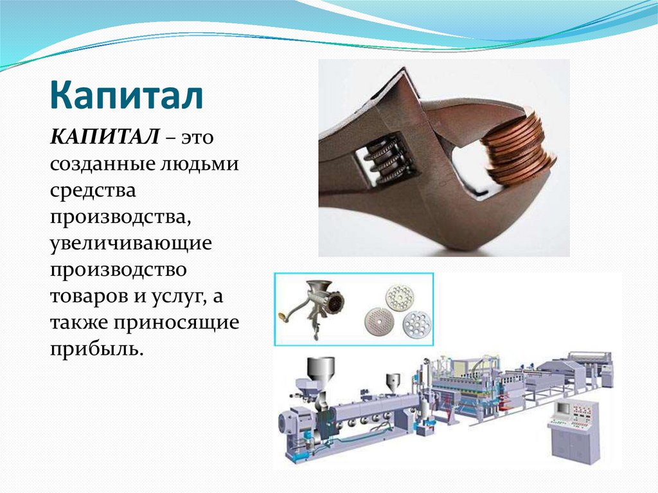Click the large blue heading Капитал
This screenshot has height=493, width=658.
(x=127, y=95)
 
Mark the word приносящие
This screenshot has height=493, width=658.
(x=177, y=323)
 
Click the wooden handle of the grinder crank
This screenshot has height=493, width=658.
(x=283, y=316)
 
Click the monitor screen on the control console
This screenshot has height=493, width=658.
(x=563, y=408)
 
